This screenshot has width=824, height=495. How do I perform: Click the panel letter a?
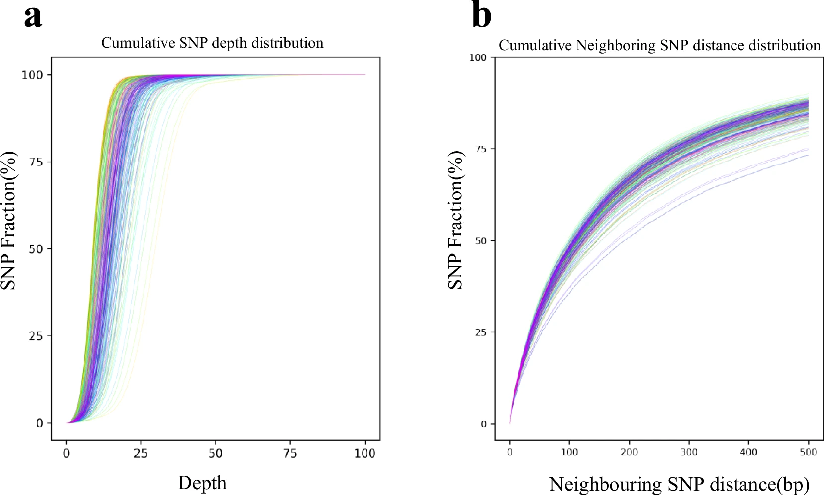[x=33, y=17]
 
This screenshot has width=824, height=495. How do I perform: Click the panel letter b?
[x=481, y=16]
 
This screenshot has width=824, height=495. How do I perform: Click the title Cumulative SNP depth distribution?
[x=212, y=43]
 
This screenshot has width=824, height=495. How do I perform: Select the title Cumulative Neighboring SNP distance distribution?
[x=659, y=46]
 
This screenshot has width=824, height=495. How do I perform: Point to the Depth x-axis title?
[x=202, y=483]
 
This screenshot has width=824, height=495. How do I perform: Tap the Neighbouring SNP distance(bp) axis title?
[x=679, y=484]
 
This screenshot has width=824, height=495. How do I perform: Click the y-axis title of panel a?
[x=9, y=220]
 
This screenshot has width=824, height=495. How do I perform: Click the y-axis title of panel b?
[x=456, y=220]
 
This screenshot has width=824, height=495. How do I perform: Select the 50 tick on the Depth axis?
[x=215, y=453]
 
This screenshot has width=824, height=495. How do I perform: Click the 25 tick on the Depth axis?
[x=141, y=453]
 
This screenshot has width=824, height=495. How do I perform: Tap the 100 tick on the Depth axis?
[x=365, y=453]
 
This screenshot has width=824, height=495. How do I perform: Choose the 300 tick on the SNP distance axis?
[x=689, y=452]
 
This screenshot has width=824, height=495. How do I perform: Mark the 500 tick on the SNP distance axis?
[x=808, y=452]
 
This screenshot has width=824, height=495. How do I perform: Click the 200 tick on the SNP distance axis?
[x=629, y=452]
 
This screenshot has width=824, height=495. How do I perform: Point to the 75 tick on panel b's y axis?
[x=481, y=149]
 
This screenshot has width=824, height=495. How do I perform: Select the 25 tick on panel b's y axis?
[x=481, y=332]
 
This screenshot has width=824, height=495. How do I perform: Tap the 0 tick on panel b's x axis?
[x=510, y=452]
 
